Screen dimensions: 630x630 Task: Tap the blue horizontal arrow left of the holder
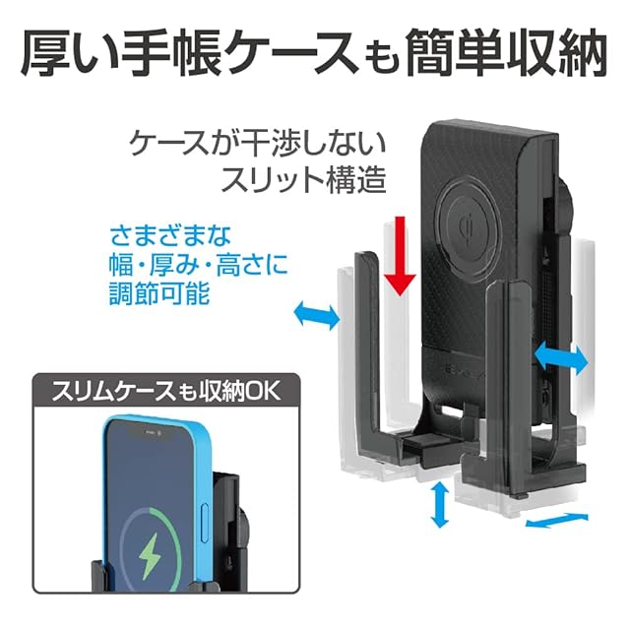317,316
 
